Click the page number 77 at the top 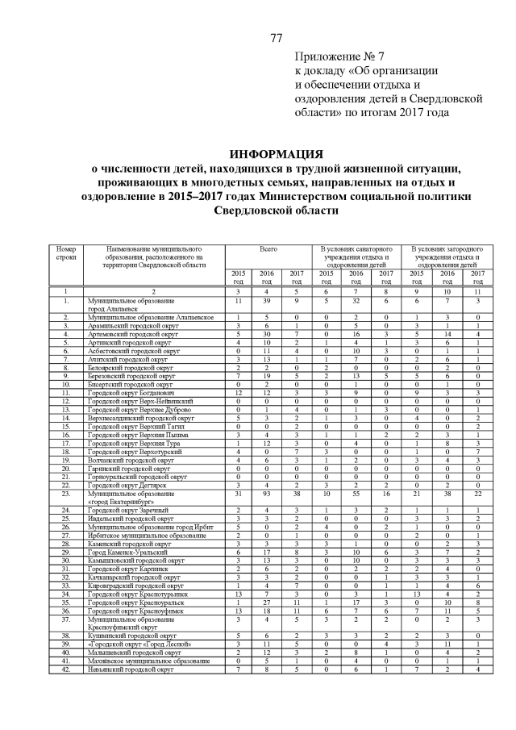276,38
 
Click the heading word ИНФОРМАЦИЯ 276,154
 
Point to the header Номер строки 66,255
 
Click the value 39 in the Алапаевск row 268,300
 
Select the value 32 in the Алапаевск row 355,300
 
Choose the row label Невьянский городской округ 131,669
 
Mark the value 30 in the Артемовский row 268,333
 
